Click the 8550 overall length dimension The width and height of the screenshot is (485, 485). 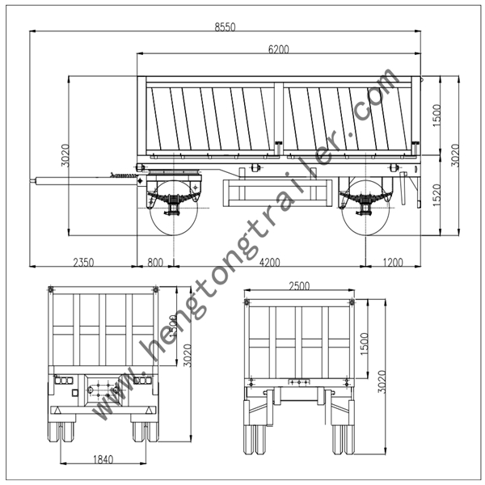click(225, 27)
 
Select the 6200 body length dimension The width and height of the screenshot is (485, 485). click(278, 49)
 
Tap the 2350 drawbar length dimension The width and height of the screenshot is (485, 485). click(83, 262)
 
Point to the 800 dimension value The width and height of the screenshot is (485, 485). click(155, 262)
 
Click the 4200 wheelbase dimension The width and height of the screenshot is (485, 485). click(269, 262)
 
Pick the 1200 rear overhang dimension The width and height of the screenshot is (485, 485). click(393, 262)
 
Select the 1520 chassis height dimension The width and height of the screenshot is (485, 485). click(436, 195)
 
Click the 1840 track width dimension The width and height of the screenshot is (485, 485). click(103, 460)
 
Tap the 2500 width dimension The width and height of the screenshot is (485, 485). click(299, 286)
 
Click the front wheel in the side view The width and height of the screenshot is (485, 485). click(174, 208)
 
